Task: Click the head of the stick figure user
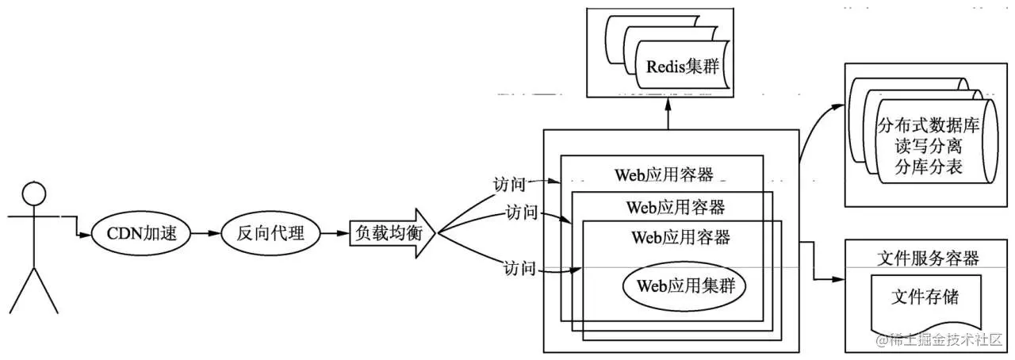tap(33, 193)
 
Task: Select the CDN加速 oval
tap(140, 234)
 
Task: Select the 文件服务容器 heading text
tap(929, 259)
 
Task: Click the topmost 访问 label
tap(508, 184)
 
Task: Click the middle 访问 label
tap(521, 213)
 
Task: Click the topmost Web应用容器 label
tap(663, 174)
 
